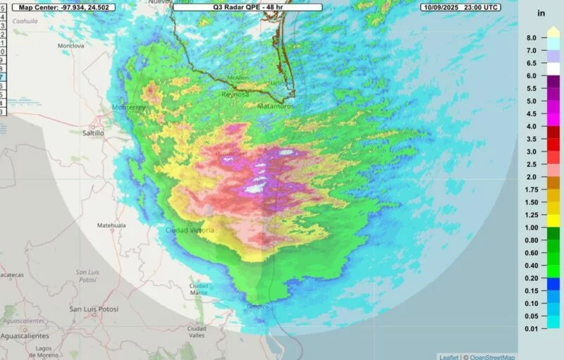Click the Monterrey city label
[128, 107]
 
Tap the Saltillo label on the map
[92, 132]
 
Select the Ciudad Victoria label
[190, 230]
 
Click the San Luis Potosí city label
[93, 309]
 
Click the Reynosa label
[235, 94]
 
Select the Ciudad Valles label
[197, 332]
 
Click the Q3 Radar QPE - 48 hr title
[238, 6]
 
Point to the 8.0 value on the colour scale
[531, 37]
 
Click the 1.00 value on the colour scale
[531, 228]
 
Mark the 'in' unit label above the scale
[541, 13]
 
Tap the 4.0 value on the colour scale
[531, 126]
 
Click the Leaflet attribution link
[448, 356]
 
